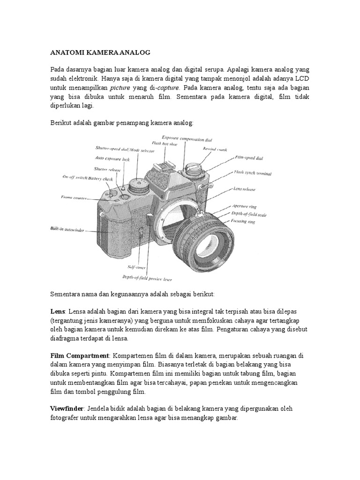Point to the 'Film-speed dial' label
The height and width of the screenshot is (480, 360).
point(248,158)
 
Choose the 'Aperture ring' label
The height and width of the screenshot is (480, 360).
point(246,206)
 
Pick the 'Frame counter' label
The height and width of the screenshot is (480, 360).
point(74,198)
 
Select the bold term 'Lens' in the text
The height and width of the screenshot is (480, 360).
point(59,311)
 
